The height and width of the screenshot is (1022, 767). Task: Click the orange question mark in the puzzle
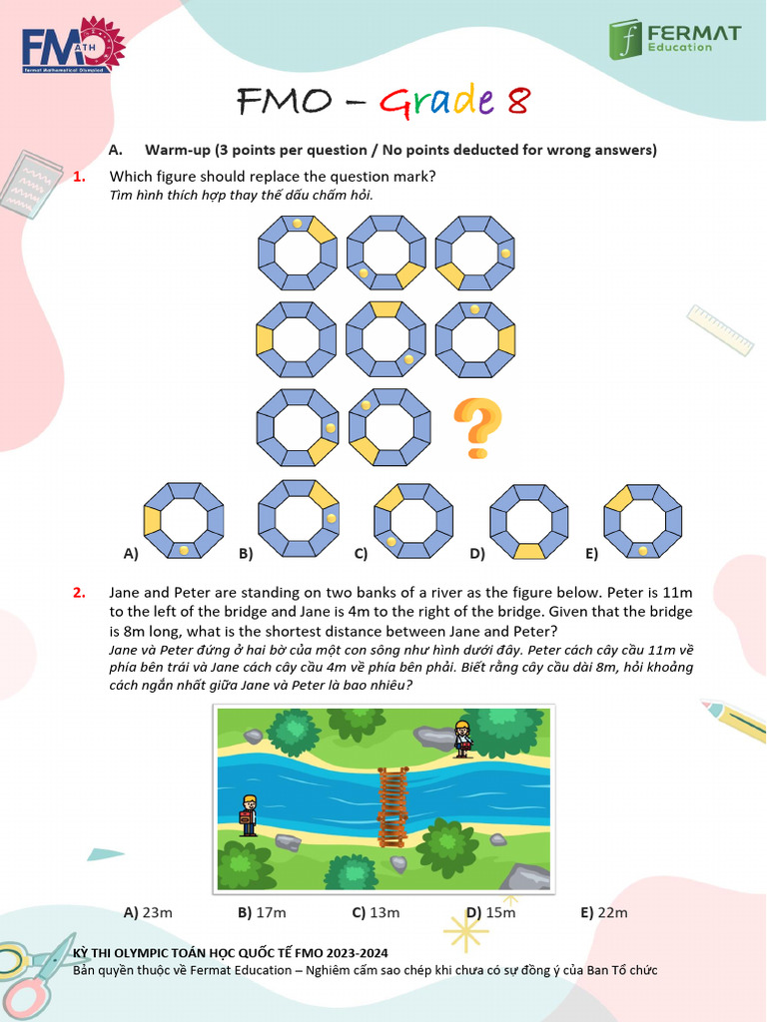click(x=478, y=428)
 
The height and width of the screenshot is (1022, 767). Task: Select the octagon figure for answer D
click(x=529, y=521)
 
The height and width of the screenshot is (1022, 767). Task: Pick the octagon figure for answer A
click(x=184, y=521)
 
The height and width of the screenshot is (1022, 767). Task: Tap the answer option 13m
click(x=376, y=912)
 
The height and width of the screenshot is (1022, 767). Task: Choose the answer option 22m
click(x=604, y=912)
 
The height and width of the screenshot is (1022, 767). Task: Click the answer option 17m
click(x=262, y=912)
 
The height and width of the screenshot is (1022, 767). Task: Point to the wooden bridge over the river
click(x=392, y=806)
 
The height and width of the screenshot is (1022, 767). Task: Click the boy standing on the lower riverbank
click(x=249, y=815)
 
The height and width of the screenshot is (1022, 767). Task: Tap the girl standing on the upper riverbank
click(x=463, y=740)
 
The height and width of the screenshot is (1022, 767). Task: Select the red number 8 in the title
click(x=518, y=101)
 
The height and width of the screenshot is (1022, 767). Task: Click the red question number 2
click(x=79, y=593)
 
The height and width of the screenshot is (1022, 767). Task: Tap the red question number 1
click(x=79, y=177)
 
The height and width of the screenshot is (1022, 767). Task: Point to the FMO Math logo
click(x=73, y=45)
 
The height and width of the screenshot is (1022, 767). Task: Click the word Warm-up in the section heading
click(x=178, y=150)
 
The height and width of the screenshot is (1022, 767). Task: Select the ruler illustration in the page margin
click(x=720, y=329)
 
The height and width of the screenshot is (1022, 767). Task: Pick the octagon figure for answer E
click(x=643, y=521)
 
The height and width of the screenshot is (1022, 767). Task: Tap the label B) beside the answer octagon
click(x=246, y=553)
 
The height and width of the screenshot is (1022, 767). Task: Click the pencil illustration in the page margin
click(x=734, y=721)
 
